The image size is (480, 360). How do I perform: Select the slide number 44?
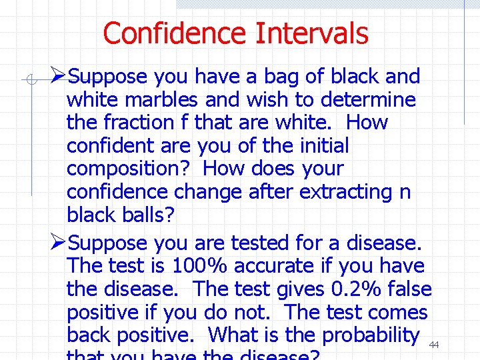[434, 345]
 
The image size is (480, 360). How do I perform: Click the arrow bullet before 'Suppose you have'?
[59, 76]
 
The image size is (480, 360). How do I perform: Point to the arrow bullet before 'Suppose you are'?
[59, 242]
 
